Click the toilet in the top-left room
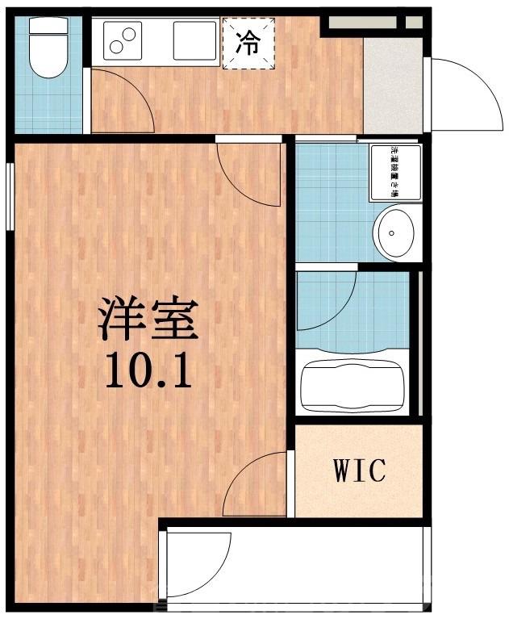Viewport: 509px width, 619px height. point(47,48)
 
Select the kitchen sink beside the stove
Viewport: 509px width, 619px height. point(194,40)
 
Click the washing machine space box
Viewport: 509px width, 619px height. point(395,172)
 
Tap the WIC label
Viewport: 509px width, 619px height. point(359,470)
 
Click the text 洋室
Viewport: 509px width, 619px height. point(148,319)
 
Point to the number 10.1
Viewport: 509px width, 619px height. point(148,372)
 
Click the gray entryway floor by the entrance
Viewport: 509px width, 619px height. point(393,85)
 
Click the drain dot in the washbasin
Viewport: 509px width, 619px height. point(391,233)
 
